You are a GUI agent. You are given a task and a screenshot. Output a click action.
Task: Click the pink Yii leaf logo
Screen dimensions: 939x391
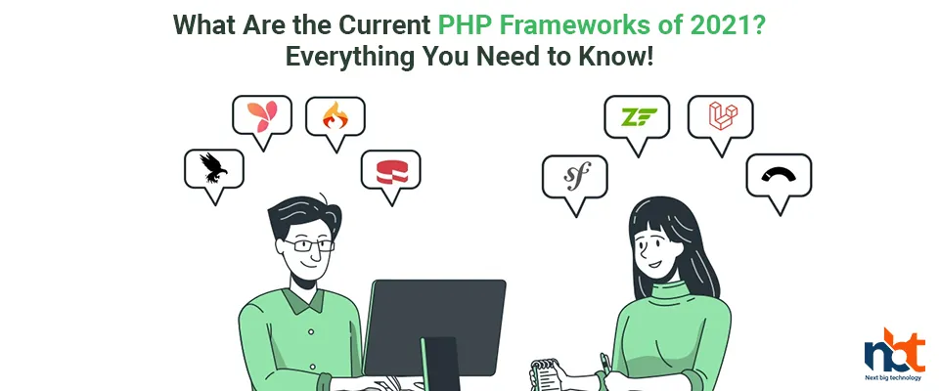tap(262, 116)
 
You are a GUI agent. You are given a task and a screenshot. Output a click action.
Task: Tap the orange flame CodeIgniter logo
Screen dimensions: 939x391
tap(335, 115)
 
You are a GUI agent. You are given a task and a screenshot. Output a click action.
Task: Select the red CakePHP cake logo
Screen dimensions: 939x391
tap(391, 171)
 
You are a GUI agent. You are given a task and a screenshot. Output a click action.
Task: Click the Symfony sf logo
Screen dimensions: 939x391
tap(577, 175)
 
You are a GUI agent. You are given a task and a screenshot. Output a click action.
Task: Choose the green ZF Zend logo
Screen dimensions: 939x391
tap(639, 116)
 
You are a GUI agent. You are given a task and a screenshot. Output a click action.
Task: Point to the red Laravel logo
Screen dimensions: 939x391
tap(723, 115)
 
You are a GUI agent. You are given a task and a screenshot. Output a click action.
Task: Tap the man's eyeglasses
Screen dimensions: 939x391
tap(308, 245)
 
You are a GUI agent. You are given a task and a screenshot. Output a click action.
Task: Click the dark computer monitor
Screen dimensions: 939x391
tap(434, 327)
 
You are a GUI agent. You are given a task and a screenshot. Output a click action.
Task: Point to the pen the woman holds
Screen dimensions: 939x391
tap(606, 365)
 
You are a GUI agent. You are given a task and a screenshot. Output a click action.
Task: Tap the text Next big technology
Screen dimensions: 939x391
tap(893, 378)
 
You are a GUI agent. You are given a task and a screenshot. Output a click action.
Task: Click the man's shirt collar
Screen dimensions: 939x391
tap(306, 300)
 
